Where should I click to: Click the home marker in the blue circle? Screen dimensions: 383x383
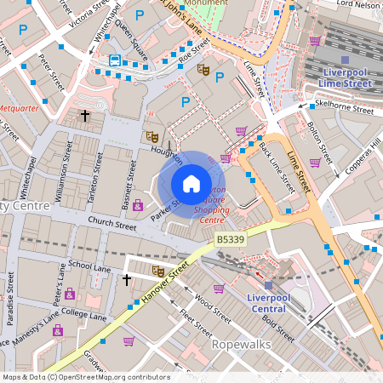[x=191, y=184]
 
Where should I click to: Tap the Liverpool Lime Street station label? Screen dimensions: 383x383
[x=345, y=77]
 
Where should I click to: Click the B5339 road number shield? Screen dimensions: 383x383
[x=231, y=241]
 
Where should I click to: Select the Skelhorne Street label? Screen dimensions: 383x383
[x=344, y=110]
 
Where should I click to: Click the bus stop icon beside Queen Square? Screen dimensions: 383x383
[x=115, y=60]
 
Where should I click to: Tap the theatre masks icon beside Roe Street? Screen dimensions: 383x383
[x=203, y=69]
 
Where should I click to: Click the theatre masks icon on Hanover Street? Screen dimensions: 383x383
[x=158, y=271]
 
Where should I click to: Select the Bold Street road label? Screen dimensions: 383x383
[x=277, y=327]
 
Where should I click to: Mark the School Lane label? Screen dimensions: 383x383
[x=89, y=267]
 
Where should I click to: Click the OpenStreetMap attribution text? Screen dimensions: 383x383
[x=85, y=377]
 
